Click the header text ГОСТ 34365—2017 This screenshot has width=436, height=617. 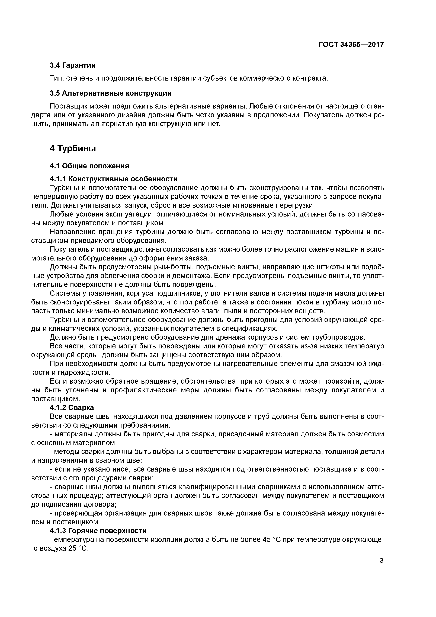[351, 45]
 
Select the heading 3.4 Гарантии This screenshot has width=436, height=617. [73, 65]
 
